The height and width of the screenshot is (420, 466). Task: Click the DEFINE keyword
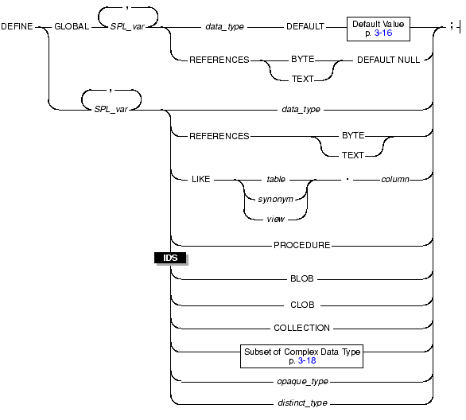(17, 26)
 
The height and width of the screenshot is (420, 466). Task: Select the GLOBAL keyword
(72, 26)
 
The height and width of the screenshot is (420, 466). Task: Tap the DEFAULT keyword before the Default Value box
(305, 26)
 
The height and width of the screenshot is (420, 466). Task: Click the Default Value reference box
(379, 29)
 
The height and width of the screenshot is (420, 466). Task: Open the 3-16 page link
(383, 33)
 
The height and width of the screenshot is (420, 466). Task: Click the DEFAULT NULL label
(388, 60)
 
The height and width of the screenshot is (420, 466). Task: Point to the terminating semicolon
(452, 26)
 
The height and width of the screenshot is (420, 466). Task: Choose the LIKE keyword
(201, 179)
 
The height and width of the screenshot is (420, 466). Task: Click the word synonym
(275, 199)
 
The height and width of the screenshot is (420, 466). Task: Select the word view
(275, 219)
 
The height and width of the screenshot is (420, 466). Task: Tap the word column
(395, 179)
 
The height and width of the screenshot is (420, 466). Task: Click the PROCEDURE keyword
(302, 245)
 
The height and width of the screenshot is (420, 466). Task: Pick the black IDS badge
(170, 258)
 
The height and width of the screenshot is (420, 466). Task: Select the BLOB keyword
(302, 278)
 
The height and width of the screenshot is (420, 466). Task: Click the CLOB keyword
(302, 305)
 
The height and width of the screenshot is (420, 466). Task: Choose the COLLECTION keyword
(301, 328)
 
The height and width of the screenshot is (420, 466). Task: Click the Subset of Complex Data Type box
(301, 356)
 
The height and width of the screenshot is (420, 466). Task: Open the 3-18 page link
(307, 360)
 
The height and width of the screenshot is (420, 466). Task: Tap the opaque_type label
(302, 381)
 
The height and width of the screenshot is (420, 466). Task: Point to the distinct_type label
(302, 402)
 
